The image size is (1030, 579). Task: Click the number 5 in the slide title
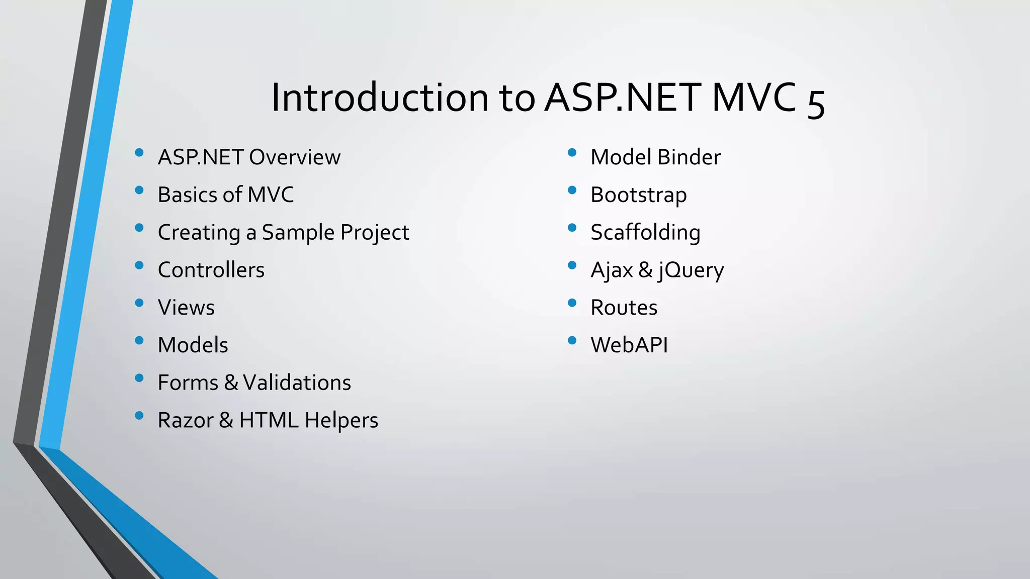816,103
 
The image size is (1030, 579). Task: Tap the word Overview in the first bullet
295,157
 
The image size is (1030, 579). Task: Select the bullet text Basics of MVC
226,195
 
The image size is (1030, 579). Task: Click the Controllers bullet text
211,270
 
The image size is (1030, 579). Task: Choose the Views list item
186,308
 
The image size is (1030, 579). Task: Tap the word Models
193,345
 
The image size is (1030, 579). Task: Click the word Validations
297,383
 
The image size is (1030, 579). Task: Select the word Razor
186,421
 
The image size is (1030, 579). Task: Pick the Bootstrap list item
639,195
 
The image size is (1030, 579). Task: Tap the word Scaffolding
645,233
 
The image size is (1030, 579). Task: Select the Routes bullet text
624,308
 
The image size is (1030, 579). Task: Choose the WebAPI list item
629,345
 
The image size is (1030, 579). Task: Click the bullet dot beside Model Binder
572,152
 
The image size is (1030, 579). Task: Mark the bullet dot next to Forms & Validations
139,378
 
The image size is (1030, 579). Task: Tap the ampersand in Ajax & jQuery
645,270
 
